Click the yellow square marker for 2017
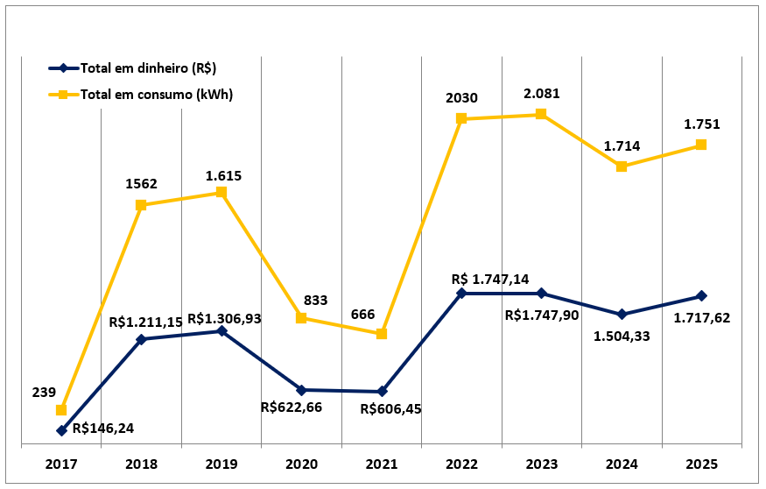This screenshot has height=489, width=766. [x=61, y=410]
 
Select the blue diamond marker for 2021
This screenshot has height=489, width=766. [x=382, y=392]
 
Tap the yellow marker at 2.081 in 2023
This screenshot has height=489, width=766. [x=541, y=114]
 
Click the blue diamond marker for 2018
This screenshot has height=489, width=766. [x=141, y=339]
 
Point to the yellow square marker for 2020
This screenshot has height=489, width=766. [x=301, y=318]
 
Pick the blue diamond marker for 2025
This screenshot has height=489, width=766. [x=701, y=296]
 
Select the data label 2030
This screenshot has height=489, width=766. [x=461, y=97]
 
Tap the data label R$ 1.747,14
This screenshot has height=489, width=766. [x=491, y=279]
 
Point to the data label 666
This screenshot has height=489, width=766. [x=364, y=314]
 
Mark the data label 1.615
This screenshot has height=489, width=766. [x=223, y=175]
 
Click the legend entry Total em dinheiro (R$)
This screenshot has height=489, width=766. [x=149, y=68]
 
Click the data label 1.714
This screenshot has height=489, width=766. [x=622, y=146]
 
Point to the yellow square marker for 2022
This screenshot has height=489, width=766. [x=461, y=118]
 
